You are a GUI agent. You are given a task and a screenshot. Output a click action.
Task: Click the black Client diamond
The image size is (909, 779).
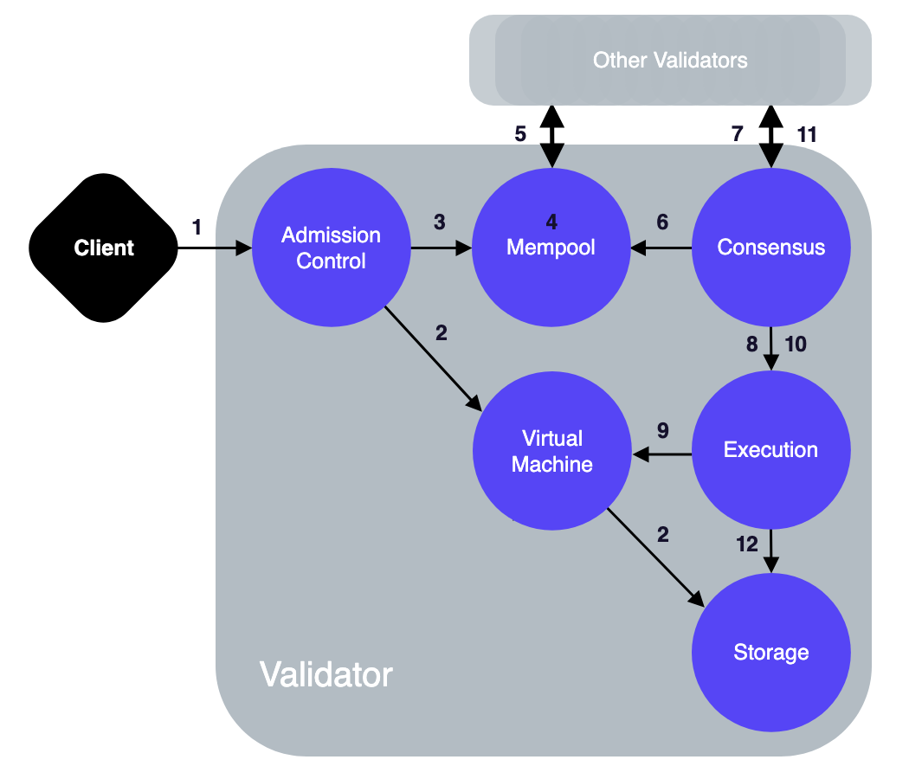pyautogui.click(x=105, y=248)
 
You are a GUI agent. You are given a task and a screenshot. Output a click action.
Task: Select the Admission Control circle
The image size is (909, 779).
pyautogui.click(x=332, y=248)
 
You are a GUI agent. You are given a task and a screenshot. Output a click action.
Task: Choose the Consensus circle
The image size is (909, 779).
pyautogui.click(x=771, y=248)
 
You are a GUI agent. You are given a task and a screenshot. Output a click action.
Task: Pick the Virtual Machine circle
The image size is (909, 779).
pyautogui.click(x=551, y=451)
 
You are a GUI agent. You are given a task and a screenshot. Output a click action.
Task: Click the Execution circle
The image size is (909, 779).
pyautogui.click(x=771, y=450)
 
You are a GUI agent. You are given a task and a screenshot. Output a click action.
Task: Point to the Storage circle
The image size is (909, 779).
pyautogui.click(x=771, y=653)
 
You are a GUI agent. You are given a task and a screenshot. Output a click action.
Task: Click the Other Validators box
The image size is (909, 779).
pyautogui.click(x=670, y=61)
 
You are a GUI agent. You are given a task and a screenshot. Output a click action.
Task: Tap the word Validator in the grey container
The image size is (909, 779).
pyautogui.click(x=326, y=674)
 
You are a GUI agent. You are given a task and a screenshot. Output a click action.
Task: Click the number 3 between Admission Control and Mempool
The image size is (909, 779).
pyautogui.click(x=440, y=222)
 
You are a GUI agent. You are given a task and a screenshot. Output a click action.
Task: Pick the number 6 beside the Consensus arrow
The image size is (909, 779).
pyautogui.click(x=662, y=222)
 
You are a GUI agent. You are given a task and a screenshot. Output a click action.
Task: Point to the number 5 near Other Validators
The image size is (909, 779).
pyautogui.click(x=520, y=134)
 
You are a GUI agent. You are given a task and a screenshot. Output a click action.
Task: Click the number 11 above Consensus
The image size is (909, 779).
pyautogui.click(x=807, y=134)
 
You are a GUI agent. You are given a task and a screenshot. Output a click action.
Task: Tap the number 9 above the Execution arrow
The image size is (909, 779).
pyautogui.click(x=663, y=430)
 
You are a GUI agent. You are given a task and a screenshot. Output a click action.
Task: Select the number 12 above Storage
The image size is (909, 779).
pyautogui.click(x=747, y=544)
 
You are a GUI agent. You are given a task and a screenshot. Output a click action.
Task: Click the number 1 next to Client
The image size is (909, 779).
pyautogui.click(x=197, y=228)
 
